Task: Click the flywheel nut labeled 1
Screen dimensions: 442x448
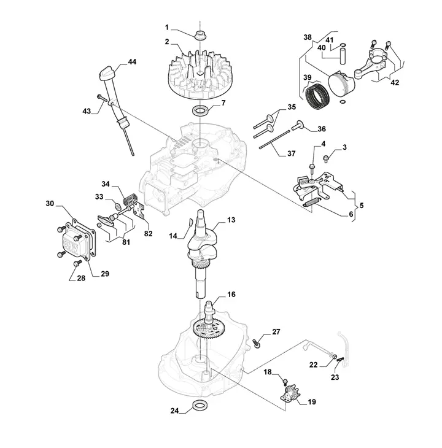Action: point(200,36)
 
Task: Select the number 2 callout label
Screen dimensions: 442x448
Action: point(167,42)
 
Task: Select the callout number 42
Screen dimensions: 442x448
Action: point(395,83)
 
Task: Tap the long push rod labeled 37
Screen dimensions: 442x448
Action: point(274,139)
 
